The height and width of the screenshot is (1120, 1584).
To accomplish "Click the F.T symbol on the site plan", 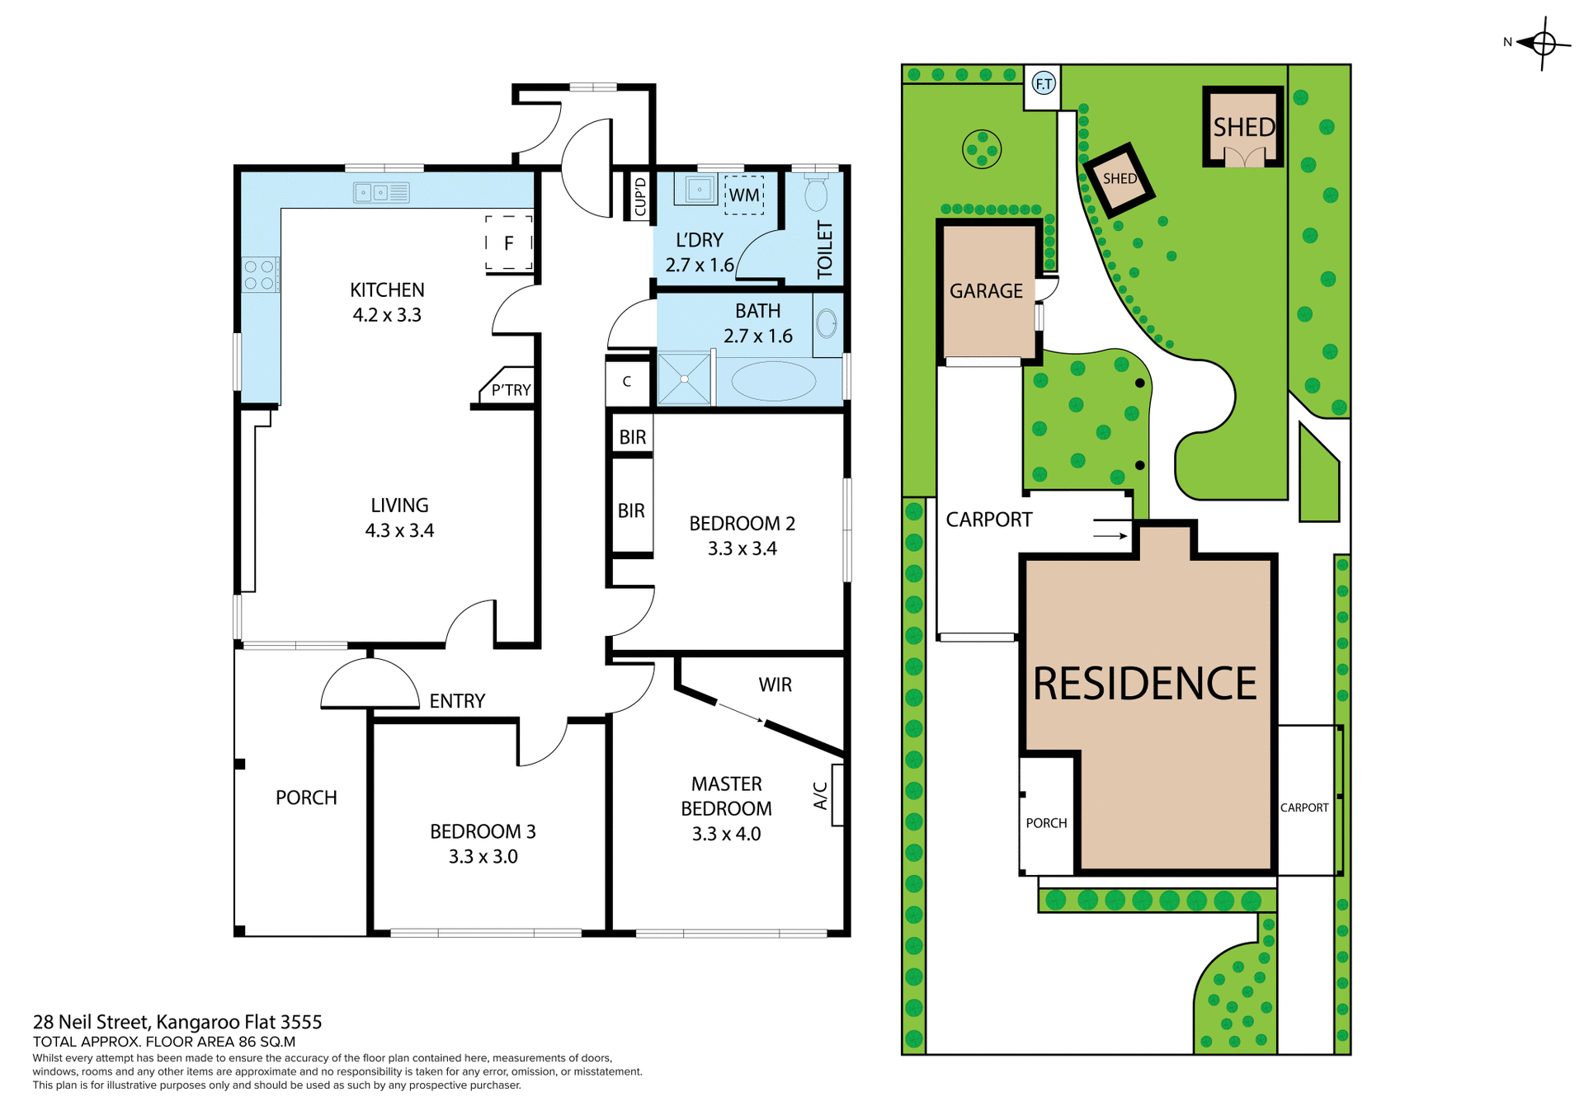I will (x=1044, y=83).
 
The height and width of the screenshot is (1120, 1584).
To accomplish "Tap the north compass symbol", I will (x=1542, y=43).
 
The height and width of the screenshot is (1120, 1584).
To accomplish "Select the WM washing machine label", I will (x=744, y=195).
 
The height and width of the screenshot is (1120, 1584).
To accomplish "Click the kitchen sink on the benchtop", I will (x=381, y=192).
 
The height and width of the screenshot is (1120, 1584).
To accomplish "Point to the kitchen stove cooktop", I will (x=260, y=275).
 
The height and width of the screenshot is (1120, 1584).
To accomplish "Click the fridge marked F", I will (x=508, y=242).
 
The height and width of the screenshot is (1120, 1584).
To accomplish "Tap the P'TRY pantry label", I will (x=511, y=390).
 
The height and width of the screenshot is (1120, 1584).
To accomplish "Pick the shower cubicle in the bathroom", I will (x=684, y=379).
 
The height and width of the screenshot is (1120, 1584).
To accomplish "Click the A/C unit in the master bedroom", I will (x=837, y=795).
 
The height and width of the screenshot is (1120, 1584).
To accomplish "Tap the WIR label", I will (x=775, y=685).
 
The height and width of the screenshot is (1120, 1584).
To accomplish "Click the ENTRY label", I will (x=457, y=701).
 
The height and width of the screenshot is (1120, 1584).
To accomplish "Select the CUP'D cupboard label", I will (x=640, y=196).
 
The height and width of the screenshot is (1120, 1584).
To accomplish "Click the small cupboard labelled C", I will (x=627, y=382).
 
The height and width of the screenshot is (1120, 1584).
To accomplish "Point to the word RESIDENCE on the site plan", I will (x=1144, y=684).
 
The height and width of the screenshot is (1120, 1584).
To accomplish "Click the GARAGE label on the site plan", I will (x=986, y=291).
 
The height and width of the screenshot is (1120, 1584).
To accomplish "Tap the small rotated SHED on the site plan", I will (x=1119, y=179).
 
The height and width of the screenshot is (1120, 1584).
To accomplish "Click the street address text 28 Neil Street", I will (x=177, y=1022).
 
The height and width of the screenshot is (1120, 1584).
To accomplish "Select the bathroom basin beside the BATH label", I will (x=827, y=323).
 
